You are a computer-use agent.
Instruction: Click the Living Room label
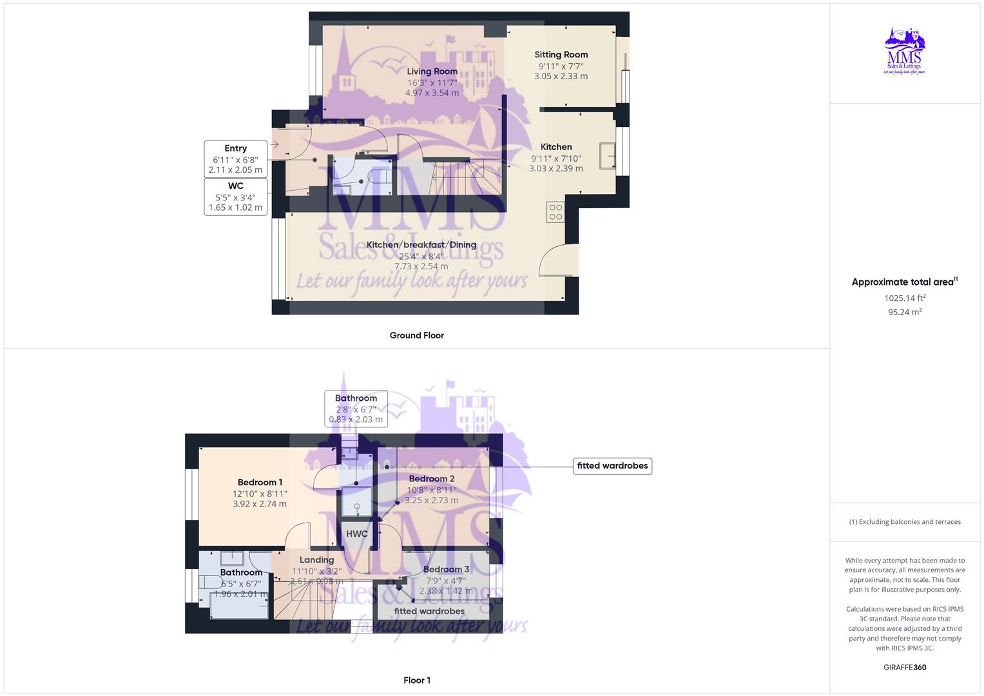[x=432, y=72]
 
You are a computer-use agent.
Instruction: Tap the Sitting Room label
[x=561, y=55]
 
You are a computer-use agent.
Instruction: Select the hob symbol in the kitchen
[x=555, y=212]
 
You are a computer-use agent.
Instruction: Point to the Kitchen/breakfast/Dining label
[x=421, y=245]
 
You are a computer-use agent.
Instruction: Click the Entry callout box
[x=235, y=159]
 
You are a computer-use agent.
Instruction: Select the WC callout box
[x=235, y=197]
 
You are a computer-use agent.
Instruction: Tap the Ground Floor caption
[x=416, y=335]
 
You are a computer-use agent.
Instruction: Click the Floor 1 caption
[x=416, y=680]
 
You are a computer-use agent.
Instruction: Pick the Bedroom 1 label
[x=260, y=483]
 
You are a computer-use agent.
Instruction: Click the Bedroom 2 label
[x=432, y=479]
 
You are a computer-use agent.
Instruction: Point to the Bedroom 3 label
[x=446, y=570]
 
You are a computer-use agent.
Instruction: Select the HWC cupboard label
[x=356, y=534]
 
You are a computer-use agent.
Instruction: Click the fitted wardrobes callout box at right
[x=612, y=466]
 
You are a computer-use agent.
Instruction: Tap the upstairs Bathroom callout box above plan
[x=356, y=409]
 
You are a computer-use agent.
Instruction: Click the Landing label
[x=316, y=560]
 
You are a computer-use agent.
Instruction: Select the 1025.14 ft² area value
[x=905, y=298]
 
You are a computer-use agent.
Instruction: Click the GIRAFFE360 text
[x=905, y=668]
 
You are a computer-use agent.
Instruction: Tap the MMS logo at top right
[x=905, y=52]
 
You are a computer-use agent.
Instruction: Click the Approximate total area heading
[x=903, y=282]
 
